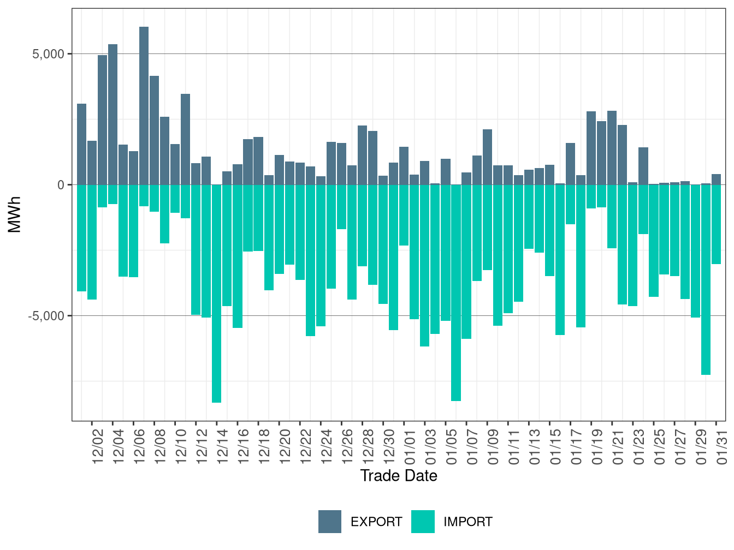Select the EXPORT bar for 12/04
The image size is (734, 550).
pos(113,115)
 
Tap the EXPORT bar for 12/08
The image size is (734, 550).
pos(154,130)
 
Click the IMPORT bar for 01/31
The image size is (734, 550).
pos(716,224)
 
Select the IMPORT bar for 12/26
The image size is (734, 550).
pos(342,207)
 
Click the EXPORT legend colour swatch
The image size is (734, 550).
pos(330,522)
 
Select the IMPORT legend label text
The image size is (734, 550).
pos(467,522)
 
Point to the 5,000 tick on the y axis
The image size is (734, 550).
pos(49,54)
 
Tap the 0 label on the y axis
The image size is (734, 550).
pos(61,185)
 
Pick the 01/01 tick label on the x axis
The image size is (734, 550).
pos(410,446)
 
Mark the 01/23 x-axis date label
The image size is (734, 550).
pos(639,446)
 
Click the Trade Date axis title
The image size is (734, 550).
pos(399,476)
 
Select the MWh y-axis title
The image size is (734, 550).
pos(15,214)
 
